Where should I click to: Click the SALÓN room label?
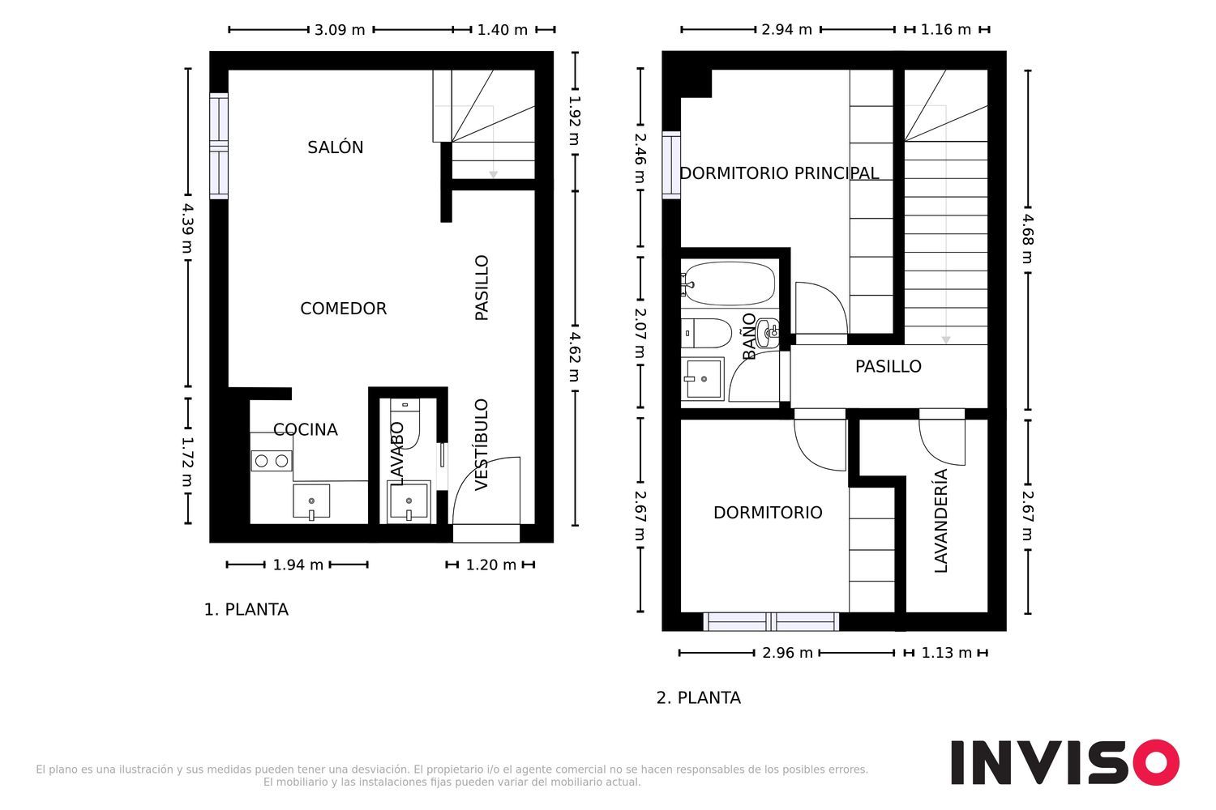click(x=335, y=147)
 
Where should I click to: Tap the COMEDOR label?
click(x=343, y=308)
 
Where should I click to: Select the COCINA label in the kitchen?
click(x=305, y=429)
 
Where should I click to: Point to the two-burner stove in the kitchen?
click(x=272, y=461)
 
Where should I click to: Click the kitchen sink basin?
click(x=311, y=501)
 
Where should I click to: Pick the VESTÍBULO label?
click(x=482, y=445)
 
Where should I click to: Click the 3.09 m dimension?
click(x=340, y=30)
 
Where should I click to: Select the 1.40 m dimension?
click(x=502, y=30)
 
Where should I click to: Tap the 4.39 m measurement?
click(x=188, y=228)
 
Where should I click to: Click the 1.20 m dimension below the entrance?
click(x=490, y=565)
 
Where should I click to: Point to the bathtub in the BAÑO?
click(x=729, y=283)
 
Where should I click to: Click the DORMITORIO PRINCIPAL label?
click(x=779, y=173)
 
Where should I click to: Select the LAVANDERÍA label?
click(x=940, y=521)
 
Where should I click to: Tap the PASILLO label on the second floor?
click(x=888, y=366)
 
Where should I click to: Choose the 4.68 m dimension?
click(x=1028, y=239)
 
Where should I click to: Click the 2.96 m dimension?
click(x=787, y=653)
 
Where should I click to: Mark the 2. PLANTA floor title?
click(x=698, y=697)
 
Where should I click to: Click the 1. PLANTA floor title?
click(x=246, y=609)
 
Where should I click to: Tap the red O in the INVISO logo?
click(x=1156, y=762)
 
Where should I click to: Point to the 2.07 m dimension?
click(x=640, y=333)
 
